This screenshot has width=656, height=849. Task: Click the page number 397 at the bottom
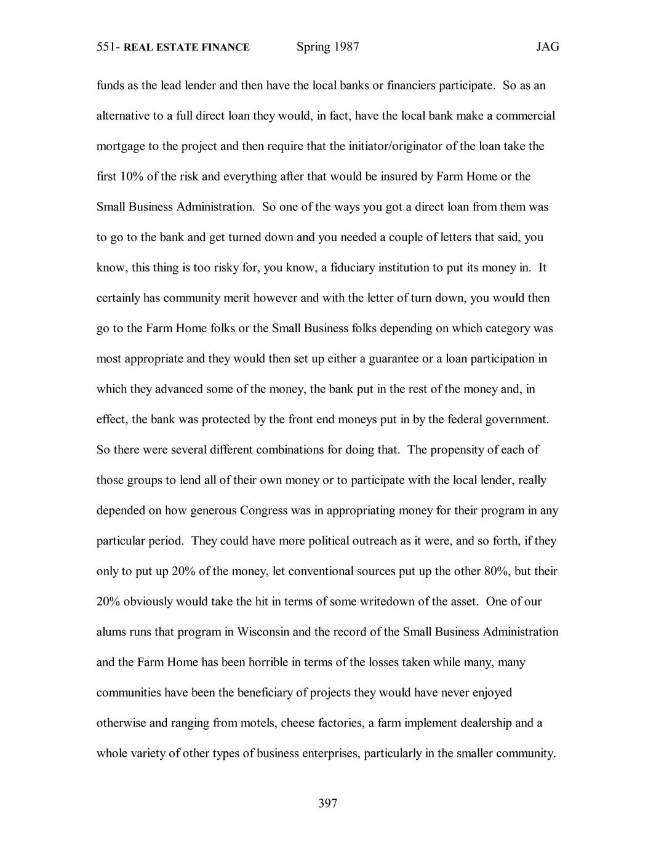coord(327,803)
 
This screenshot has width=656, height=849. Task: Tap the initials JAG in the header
coord(547,47)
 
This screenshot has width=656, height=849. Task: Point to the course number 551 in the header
coord(106,47)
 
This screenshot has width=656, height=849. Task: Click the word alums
coord(111,632)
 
